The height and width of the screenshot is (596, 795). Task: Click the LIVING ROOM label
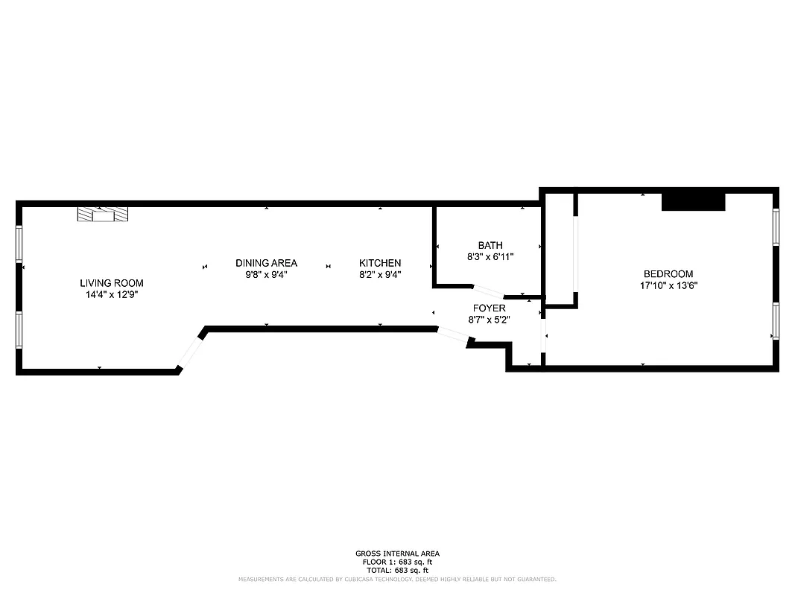click(x=112, y=283)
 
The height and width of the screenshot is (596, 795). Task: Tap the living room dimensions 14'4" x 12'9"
click(x=112, y=294)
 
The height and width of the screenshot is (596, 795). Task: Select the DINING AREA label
click(x=266, y=263)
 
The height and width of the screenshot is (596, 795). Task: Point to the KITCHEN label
click(x=380, y=263)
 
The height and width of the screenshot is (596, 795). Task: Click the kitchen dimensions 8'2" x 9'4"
click(x=380, y=274)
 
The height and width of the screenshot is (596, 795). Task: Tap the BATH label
click(x=490, y=245)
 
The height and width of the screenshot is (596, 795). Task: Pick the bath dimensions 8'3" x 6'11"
click(x=490, y=256)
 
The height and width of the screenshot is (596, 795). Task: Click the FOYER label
click(x=489, y=308)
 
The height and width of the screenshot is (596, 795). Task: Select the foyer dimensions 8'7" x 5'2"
click(x=489, y=319)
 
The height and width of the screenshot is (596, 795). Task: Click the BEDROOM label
click(x=668, y=274)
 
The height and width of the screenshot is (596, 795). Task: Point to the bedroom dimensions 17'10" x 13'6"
click(x=668, y=285)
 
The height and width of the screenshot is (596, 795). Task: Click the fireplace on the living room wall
click(x=103, y=215)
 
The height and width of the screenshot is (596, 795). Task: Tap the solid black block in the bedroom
click(x=694, y=201)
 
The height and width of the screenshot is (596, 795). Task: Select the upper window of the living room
click(x=19, y=242)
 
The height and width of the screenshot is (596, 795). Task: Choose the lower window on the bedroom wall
click(x=776, y=320)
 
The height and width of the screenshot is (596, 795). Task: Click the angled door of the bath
click(x=489, y=291)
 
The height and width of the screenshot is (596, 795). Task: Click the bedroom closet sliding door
click(x=575, y=253)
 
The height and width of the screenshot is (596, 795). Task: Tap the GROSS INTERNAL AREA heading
click(x=397, y=554)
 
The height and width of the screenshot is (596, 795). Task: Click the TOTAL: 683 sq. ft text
click(x=397, y=570)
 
